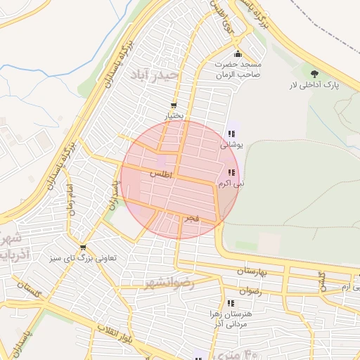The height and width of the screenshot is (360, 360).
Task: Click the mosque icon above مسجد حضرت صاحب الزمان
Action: pyautogui.click(x=238, y=54)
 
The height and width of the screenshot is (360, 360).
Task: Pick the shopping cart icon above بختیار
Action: pyautogui.click(x=174, y=105)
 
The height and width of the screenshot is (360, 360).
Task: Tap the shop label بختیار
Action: pyautogui.click(x=174, y=115)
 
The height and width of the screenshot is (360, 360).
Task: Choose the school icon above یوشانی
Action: pyautogui.click(x=231, y=134)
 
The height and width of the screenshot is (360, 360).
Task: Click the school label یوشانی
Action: pyautogui.click(x=231, y=145)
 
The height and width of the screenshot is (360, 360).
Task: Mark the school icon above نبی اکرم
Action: pyautogui.click(x=231, y=173)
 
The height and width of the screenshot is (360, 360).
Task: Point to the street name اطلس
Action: pyautogui.click(x=161, y=172)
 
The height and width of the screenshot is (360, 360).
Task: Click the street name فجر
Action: pyautogui.click(x=191, y=219)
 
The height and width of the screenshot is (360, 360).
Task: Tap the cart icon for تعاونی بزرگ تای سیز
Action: pyautogui.click(x=84, y=247)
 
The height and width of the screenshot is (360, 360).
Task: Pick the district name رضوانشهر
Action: pyautogui.click(x=169, y=283)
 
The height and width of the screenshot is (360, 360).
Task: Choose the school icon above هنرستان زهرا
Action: pyautogui.click(x=231, y=303)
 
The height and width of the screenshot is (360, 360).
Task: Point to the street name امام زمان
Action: pyautogui.click(x=70, y=200)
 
